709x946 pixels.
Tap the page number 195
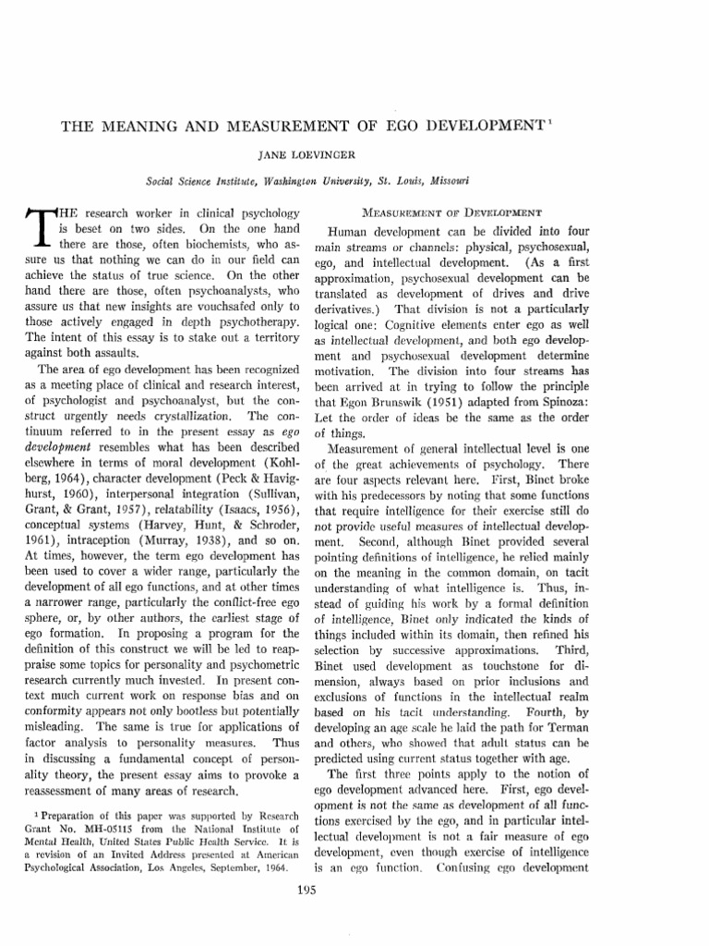tap(354, 891)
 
